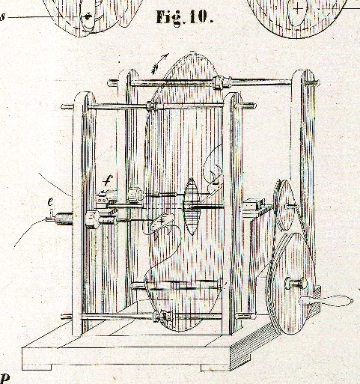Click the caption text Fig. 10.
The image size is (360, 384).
point(185,17)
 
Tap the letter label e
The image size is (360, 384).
point(50,202)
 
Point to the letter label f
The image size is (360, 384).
point(108,180)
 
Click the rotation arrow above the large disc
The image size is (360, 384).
point(160,64)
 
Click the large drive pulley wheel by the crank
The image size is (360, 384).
point(290,283)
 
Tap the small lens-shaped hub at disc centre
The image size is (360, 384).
point(192,207)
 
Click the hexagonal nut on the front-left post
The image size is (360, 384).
point(91,219)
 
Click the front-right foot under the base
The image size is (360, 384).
point(216,368)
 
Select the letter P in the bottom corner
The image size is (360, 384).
point(5,378)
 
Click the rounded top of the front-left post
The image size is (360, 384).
point(85,97)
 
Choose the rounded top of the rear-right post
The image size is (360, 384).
point(304,74)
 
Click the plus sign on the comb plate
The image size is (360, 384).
point(162,220)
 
